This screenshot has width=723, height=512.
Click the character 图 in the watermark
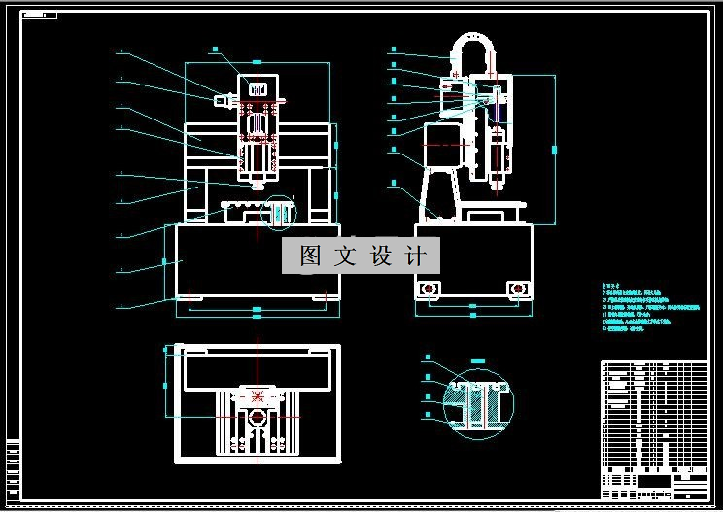(310, 256)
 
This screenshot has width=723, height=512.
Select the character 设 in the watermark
(381, 256)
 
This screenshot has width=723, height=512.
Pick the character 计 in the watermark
(415, 256)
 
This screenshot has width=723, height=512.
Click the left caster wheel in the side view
(429, 289)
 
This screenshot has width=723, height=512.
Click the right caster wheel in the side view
(518, 289)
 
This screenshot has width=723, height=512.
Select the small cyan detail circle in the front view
(280, 213)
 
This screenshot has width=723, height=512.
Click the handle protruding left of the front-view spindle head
(223, 99)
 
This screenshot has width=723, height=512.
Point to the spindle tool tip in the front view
(257, 184)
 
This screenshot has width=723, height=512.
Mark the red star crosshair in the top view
(258, 395)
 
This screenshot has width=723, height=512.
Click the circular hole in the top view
(258, 417)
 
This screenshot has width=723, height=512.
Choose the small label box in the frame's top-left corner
(39, 16)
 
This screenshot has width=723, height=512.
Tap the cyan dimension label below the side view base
(473, 306)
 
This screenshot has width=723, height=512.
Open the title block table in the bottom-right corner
(654, 427)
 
